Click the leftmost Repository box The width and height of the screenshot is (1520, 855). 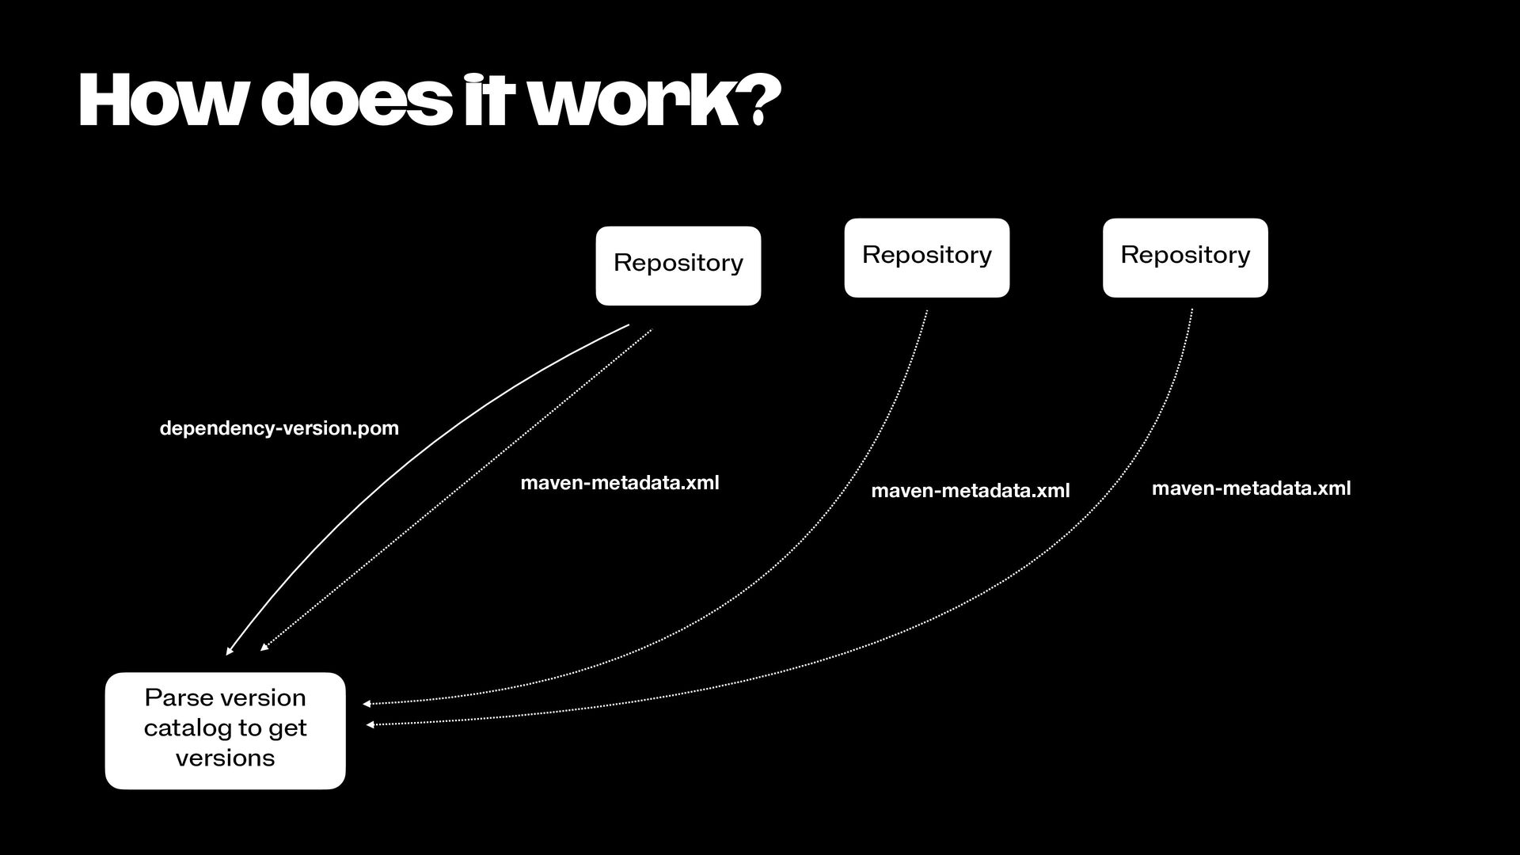(x=678, y=265)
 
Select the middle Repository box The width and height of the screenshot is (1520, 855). (x=926, y=257)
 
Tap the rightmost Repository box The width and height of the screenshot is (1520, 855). (x=1184, y=257)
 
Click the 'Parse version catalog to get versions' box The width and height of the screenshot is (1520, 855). (x=225, y=730)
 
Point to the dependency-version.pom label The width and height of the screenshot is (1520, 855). (x=279, y=428)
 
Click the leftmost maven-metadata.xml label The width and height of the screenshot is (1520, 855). (x=619, y=483)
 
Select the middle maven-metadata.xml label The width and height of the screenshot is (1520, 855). (x=970, y=491)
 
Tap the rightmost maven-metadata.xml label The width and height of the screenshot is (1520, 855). (x=1251, y=488)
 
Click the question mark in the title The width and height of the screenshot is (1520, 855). (x=761, y=101)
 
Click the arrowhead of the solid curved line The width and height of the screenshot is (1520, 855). (x=230, y=651)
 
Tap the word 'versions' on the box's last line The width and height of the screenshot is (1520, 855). (x=225, y=758)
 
